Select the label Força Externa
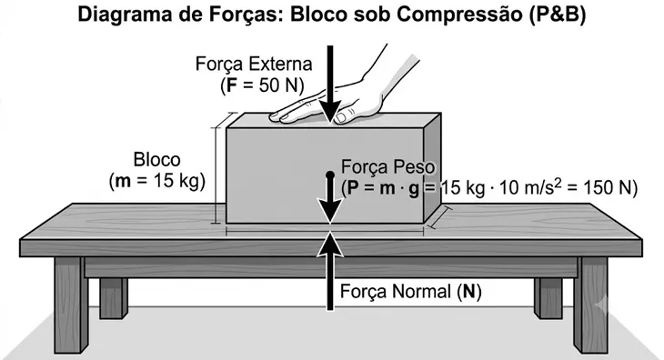click(254, 64)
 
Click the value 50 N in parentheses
click(276, 85)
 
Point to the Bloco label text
click(156, 160)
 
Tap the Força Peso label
click(387, 166)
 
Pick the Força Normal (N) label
click(411, 292)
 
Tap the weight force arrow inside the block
click(330, 197)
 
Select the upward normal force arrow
click(330, 271)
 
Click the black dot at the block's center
click(330, 175)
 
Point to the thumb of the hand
click(346, 115)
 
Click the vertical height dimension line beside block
click(216, 168)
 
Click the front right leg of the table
click(590, 305)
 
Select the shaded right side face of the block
click(432, 167)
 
